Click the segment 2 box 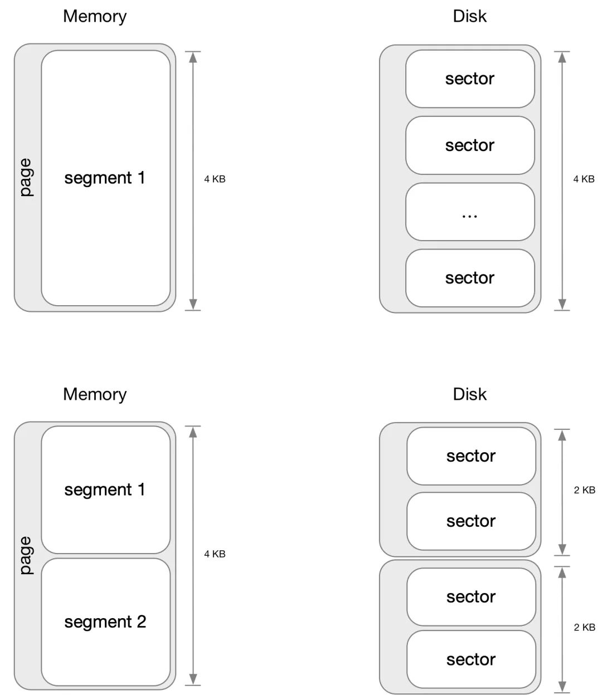coord(105,622)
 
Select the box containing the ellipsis coord(470,212)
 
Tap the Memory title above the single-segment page coord(95,16)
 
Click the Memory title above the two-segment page coord(95,394)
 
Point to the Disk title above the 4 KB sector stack coord(470,16)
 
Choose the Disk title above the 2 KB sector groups coord(470,394)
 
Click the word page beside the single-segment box coord(26,178)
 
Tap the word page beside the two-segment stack coord(26,555)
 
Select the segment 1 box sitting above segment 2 coord(105,490)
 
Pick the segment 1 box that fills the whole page coord(105,178)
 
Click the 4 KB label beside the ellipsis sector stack coord(584,179)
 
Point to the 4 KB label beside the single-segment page coord(215,179)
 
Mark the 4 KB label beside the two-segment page coord(215,554)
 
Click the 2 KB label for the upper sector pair coord(584,490)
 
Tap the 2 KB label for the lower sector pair coord(584,628)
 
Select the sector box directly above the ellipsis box coord(470,145)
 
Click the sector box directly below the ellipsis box coord(470,278)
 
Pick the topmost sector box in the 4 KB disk coord(470,79)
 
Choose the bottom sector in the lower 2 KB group coord(471,660)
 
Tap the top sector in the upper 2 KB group coord(471,456)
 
